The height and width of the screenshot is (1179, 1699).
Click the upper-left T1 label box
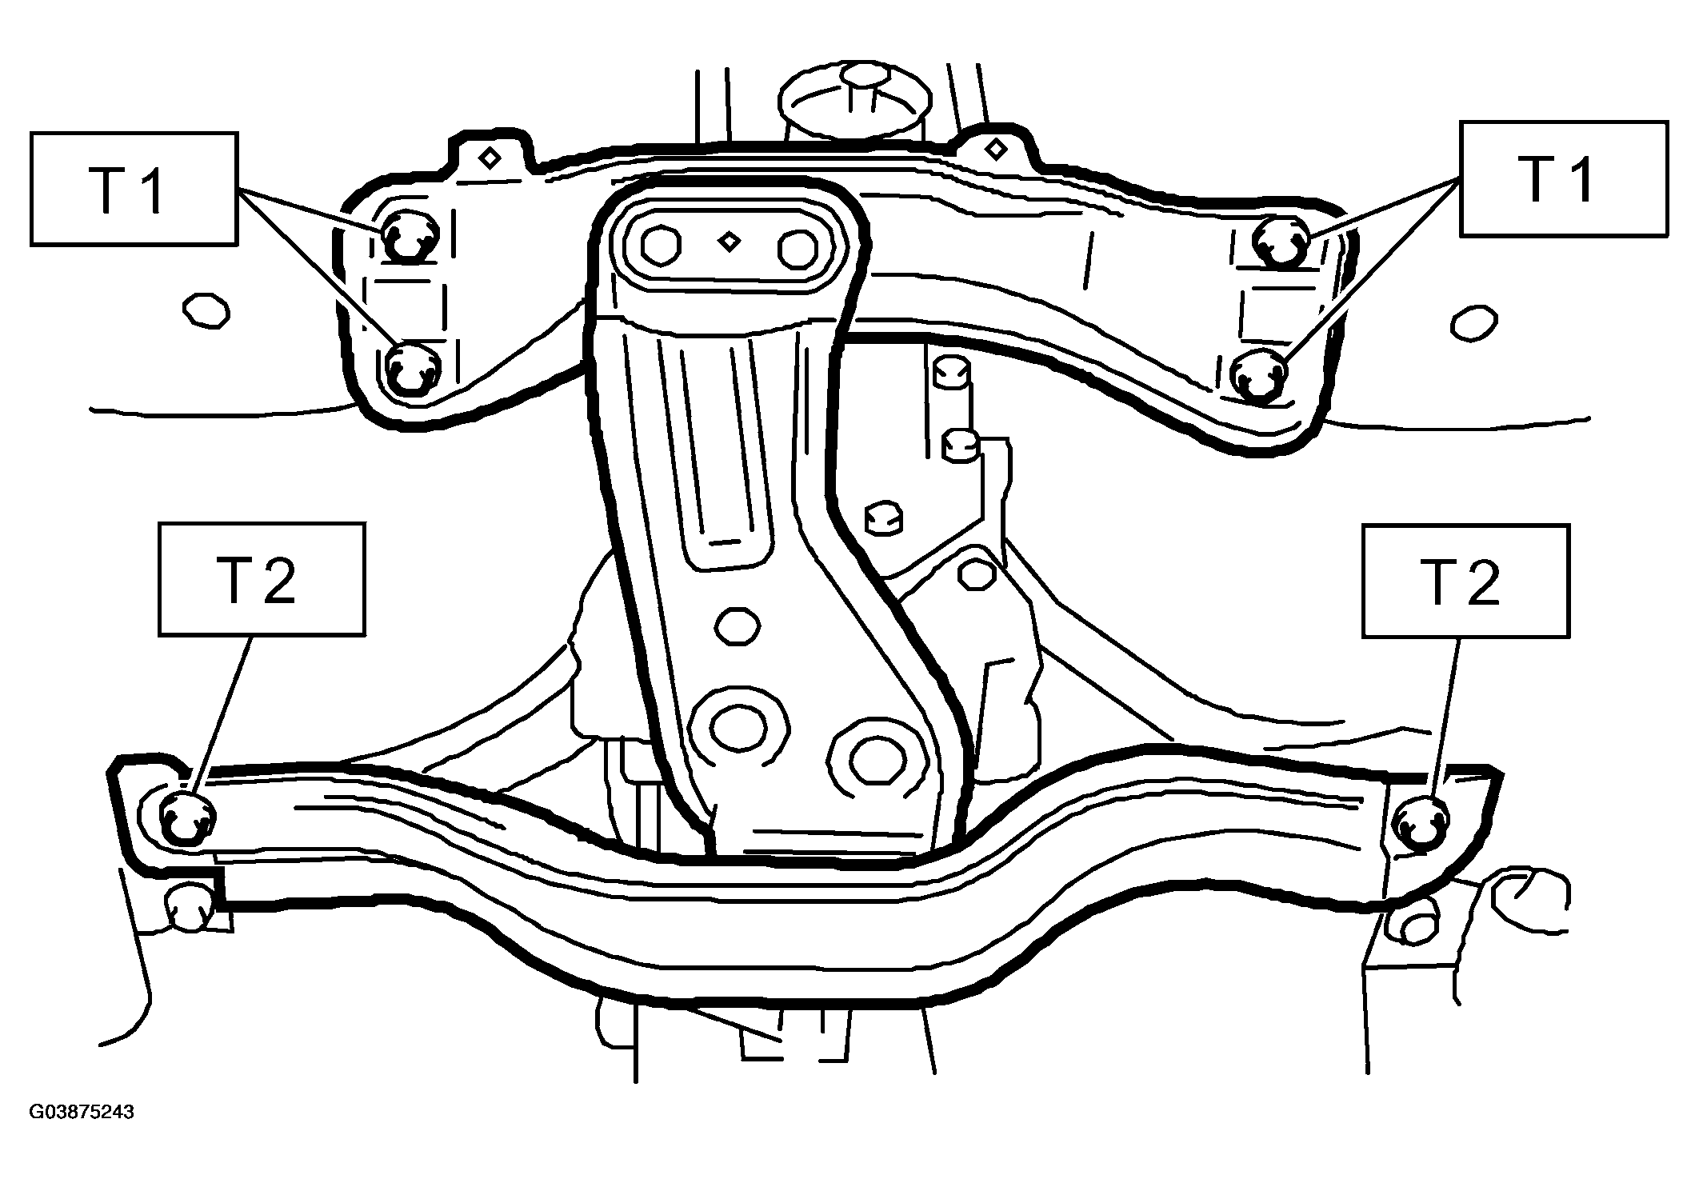(134, 188)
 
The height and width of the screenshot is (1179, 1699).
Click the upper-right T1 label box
(1564, 178)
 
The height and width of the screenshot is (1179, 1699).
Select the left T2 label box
(262, 580)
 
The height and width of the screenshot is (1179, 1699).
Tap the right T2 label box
(1466, 582)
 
